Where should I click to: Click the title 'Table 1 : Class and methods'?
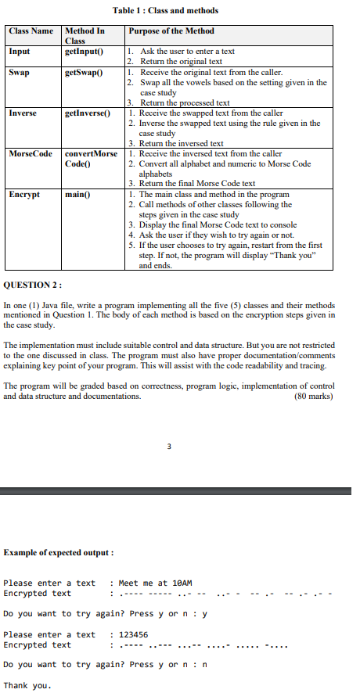click(x=165, y=10)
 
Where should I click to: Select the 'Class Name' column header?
click(x=31, y=31)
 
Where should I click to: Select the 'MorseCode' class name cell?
click(x=29, y=153)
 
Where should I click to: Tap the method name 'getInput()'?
click(x=85, y=51)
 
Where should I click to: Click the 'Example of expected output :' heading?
click(x=59, y=553)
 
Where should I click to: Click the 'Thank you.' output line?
click(x=27, y=685)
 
